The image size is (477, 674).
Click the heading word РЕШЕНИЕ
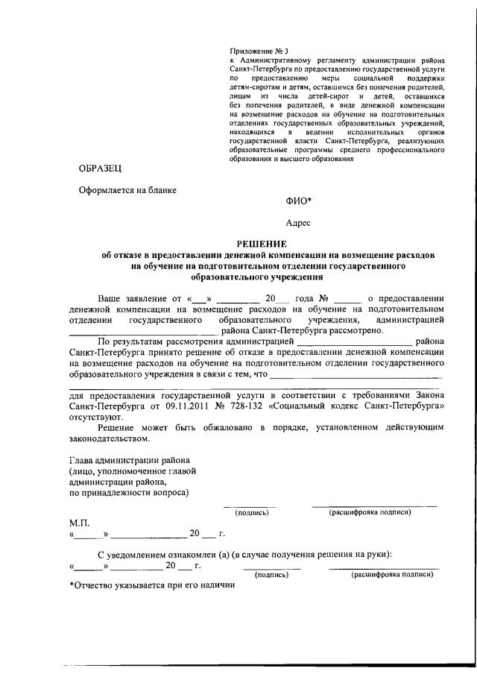pos(261,244)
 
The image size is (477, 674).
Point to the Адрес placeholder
pos(299,223)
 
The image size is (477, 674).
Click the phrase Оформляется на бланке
pos(128,190)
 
